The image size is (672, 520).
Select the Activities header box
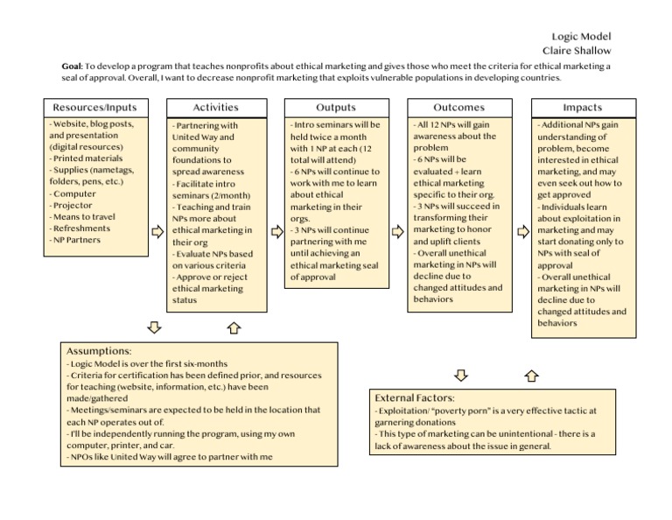pyautogui.click(x=216, y=108)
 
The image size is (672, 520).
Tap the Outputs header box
pyautogui.click(x=336, y=108)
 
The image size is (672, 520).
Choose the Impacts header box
pyautogui.click(x=582, y=108)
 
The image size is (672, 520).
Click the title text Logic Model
pyautogui.click(x=583, y=36)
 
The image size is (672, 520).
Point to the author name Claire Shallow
pyautogui.click(x=577, y=51)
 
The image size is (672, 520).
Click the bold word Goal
pyautogui.click(x=72, y=67)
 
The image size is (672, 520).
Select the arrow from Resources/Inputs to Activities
pyautogui.click(x=157, y=232)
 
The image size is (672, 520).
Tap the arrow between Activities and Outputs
pyautogui.click(x=276, y=232)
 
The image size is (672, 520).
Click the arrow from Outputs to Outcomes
pyautogui.click(x=398, y=232)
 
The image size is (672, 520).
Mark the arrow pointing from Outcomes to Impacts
pyautogui.click(x=522, y=232)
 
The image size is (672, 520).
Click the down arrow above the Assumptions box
pyautogui.click(x=154, y=327)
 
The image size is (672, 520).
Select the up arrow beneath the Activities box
pyautogui.click(x=234, y=328)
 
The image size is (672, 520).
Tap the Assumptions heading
pyautogui.click(x=99, y=350)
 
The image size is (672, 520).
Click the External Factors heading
pyautogui.click(x=414, y=397)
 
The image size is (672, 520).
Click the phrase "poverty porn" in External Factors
pyautogui.click(x=460, y=410)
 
